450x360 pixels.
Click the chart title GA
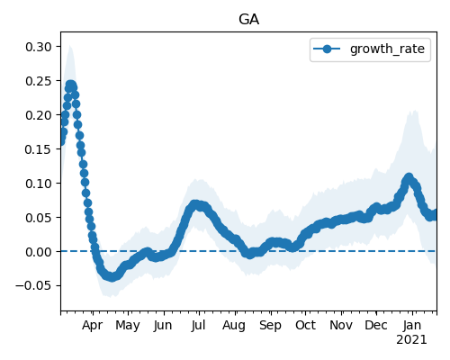click(x=248, y=20)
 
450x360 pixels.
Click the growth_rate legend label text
click(x=387, y=49)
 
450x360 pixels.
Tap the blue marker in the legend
click(x=327, y=49)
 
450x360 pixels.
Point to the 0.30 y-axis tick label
click(x=39, y=47)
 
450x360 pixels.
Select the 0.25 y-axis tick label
click(x=39, y=81)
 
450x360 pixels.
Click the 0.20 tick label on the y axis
click(x=39, y=115)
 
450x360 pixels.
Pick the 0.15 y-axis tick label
click(x=39, y=149)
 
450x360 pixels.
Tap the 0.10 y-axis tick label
click(x=39, y=184)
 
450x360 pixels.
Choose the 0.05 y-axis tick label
click(x=39, y=218)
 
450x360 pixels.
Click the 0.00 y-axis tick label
click(x=39, y=252)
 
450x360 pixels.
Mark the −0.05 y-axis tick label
click(x=33, y=286)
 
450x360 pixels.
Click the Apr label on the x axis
click(x=93, y=326)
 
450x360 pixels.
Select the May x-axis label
click(x=128, y=326)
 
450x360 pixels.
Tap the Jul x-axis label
click(x=199, y=325)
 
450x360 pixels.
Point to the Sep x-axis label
click(x=271, y=326)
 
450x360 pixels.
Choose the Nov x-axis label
click(x=341, y=325)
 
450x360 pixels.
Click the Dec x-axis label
click(x=376, y=325)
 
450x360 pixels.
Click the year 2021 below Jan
click(x=411, y=340)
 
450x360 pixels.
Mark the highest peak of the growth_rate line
click(x=71, y=85)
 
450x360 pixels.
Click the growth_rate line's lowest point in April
click(x=112, y=277)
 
